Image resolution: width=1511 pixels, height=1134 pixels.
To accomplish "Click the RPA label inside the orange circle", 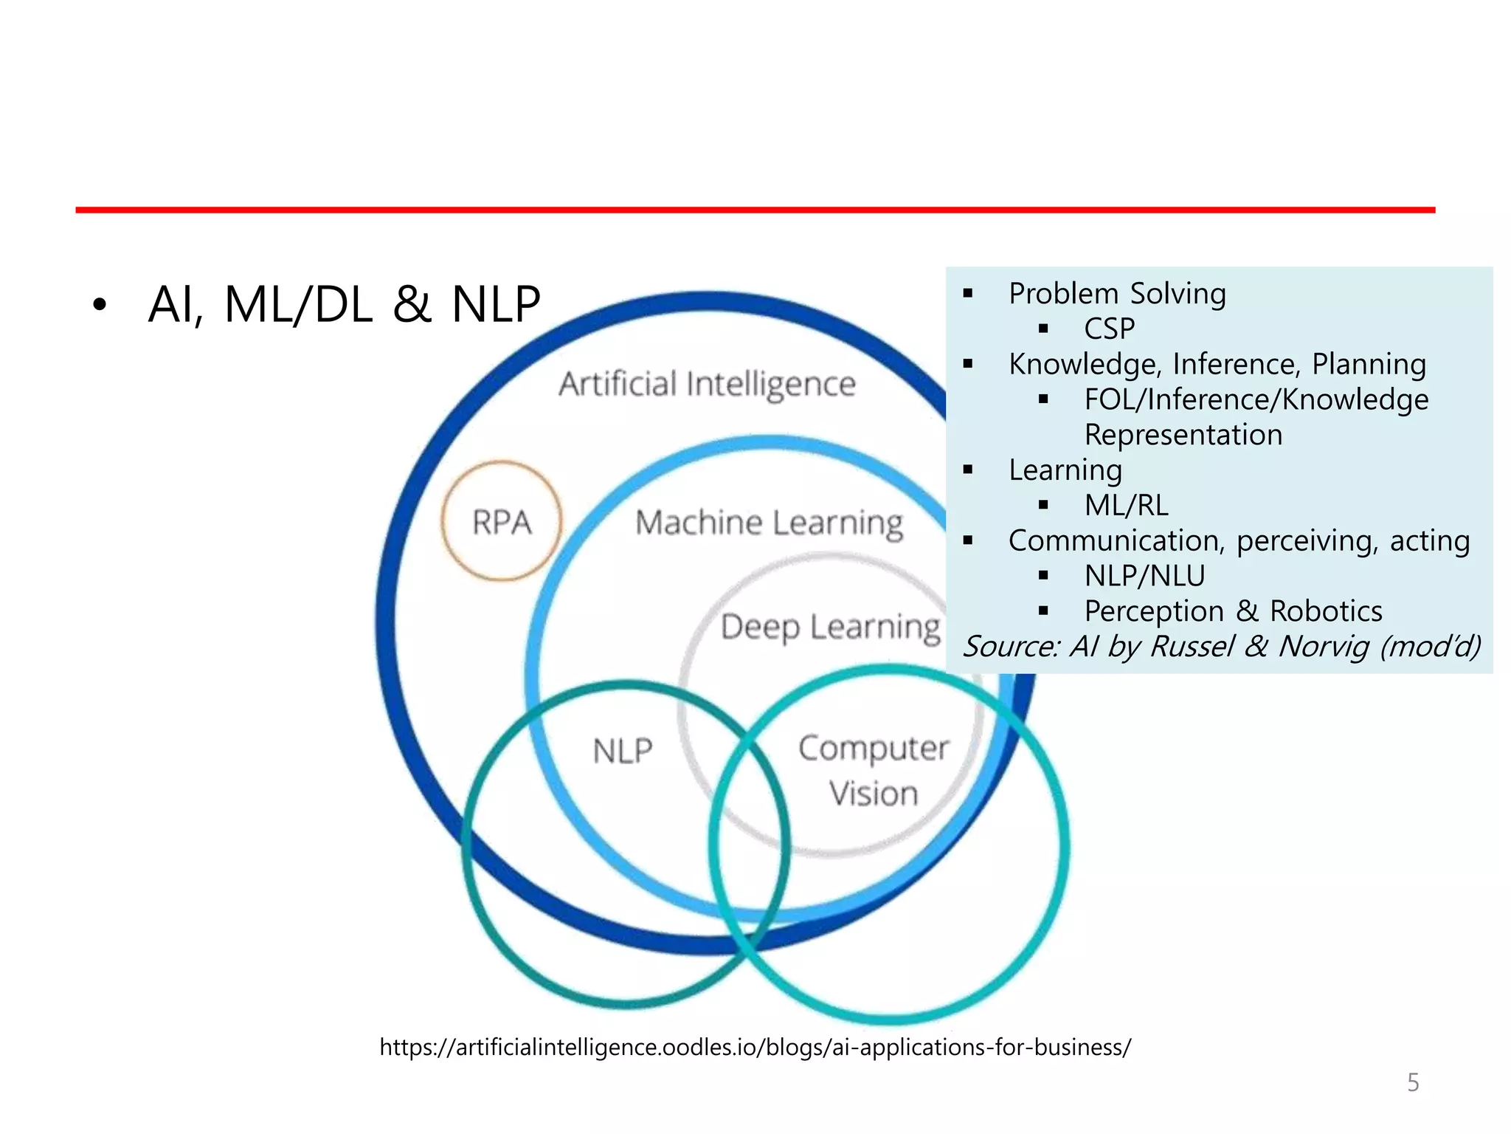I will pos(502,522).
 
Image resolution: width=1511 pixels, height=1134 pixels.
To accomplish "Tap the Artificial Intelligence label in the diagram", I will pos(707,384).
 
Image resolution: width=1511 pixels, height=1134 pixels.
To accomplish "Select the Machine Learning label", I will pos(769,523).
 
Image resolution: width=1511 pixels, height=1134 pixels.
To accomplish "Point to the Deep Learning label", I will pos(830,627).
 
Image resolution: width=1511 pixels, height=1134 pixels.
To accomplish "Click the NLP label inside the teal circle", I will pos(623,751).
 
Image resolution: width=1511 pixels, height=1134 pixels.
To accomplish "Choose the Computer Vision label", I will pos(874,770).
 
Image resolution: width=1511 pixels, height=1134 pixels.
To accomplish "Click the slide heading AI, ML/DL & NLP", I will pos(344,304).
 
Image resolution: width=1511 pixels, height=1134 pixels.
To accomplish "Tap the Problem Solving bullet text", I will pos(1116,294).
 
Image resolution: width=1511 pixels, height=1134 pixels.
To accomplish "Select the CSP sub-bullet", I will pos(1109,329).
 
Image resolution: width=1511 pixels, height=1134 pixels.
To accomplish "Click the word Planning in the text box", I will pos(1369,364).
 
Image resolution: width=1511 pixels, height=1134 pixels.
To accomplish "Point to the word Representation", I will pos(1183,435).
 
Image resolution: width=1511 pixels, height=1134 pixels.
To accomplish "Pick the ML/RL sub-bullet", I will pos(1126,506).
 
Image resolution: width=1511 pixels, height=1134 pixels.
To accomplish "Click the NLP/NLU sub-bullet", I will pos(1144,576).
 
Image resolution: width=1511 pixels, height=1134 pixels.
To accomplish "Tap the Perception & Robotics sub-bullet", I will pos(1233,611).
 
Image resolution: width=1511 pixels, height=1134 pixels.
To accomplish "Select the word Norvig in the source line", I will pos(1324,646).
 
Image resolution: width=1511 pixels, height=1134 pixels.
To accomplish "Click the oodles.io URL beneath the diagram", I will pos(755,1047).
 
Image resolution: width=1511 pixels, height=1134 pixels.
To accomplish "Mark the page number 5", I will pos(1413,1082).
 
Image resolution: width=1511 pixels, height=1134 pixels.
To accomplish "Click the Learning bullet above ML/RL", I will pos(1065,470).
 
